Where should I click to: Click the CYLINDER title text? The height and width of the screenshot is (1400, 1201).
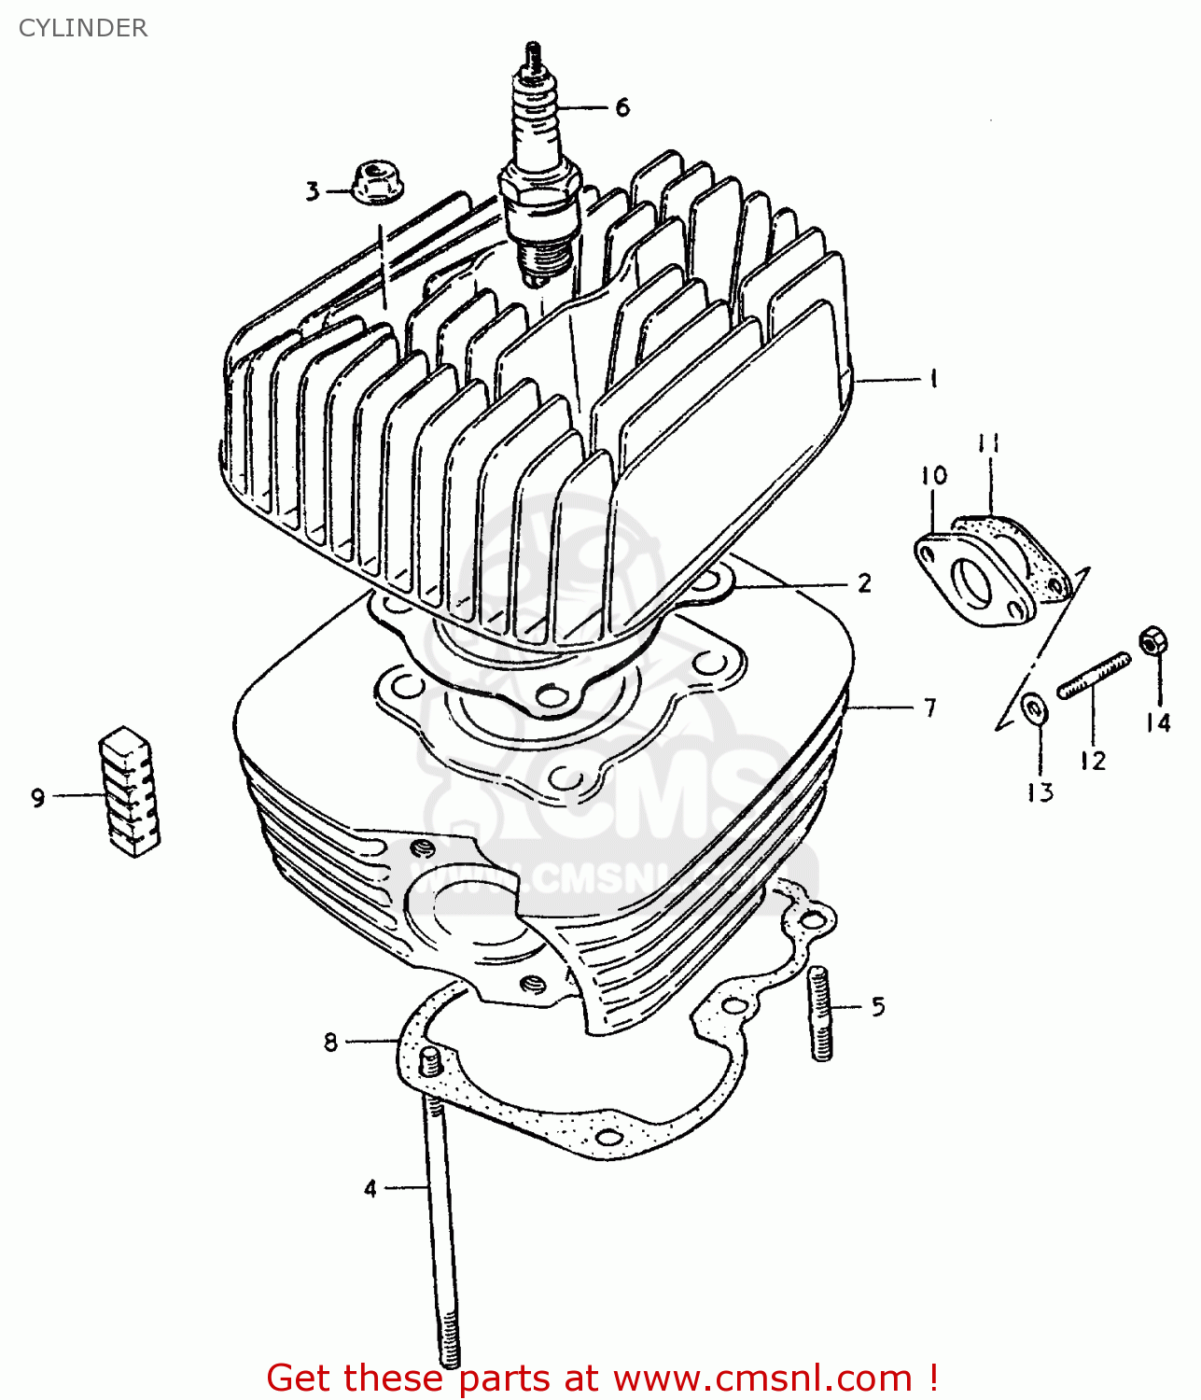82,28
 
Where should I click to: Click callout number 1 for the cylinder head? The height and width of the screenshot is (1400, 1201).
932,379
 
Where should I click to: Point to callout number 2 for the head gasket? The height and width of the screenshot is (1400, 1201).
864,583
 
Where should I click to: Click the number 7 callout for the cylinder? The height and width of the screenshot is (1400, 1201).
929,708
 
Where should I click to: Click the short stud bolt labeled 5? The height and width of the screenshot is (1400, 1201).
820,1013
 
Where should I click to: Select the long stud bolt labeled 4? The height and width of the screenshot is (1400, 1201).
439,1213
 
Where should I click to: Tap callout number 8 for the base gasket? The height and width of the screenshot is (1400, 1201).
330,1042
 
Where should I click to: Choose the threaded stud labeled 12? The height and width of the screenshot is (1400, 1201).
1094,675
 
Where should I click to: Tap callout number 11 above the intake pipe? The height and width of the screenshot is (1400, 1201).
988,442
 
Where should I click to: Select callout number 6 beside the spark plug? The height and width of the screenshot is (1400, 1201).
622,108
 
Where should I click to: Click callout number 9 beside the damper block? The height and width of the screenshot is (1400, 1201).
37,798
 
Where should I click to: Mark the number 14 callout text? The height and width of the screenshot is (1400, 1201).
1157,723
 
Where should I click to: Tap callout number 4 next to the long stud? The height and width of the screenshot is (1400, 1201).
370,1189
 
